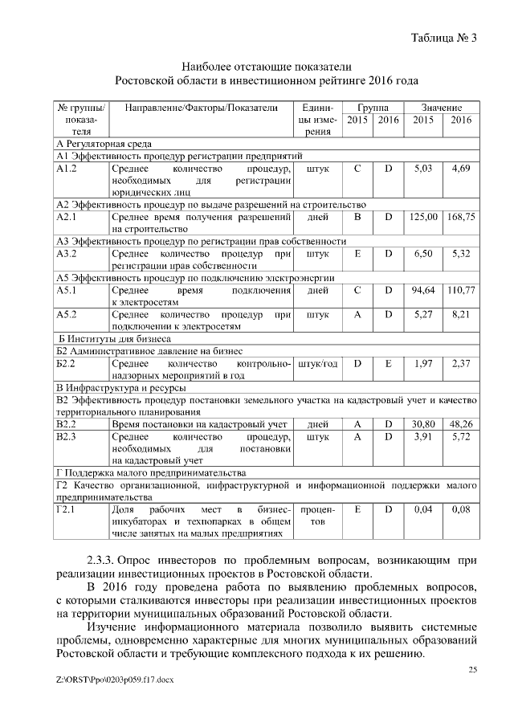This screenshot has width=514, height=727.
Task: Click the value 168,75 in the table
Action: click(462, 217)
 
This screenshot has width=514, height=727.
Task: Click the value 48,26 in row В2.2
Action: click(462, 423)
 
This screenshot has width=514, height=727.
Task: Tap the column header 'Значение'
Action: click(443, 107)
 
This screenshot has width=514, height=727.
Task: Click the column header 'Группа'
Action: click(373, 107)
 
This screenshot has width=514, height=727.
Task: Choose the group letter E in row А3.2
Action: click(357, 253)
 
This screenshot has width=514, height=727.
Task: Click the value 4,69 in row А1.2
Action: click(462, 169)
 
